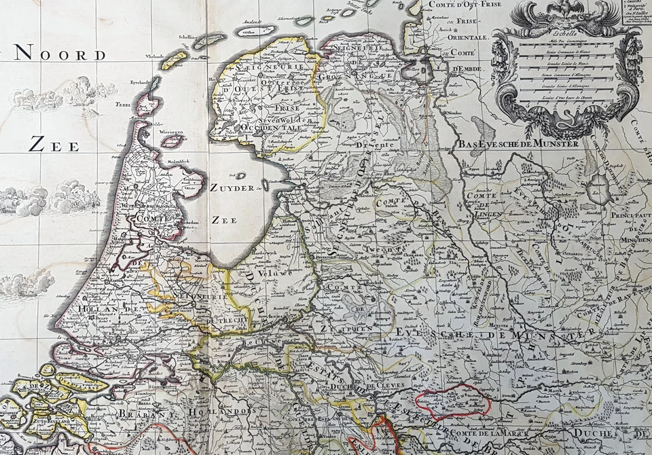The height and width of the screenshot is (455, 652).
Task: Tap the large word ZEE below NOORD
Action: tap(54, 145)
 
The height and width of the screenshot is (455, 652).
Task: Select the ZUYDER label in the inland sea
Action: tap(232, 187)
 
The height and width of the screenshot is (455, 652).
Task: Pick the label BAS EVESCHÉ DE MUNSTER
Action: tap(518, 144)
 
